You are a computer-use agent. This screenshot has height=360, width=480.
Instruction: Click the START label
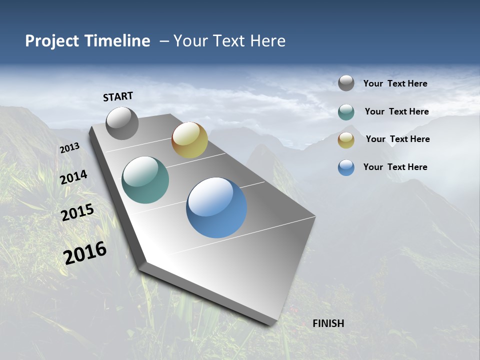(x=118, y=96)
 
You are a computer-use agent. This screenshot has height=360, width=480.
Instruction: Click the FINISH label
(x=328, y=323)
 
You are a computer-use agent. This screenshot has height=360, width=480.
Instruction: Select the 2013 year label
(x=69, y=148)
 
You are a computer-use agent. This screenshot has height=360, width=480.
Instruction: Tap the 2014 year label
(x=73, y=177)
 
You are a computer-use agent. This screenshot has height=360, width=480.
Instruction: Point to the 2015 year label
(x=77, y=212)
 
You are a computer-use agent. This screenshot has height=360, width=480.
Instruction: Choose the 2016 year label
(x=85, y=253)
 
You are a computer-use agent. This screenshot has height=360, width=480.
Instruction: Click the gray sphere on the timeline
(x=122, y=123)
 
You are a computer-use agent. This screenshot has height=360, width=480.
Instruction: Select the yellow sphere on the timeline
(x=189, y=140)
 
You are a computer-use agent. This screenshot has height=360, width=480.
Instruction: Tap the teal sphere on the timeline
(x=145, y=180)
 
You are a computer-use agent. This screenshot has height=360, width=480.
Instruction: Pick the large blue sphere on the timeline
(x=216, y=207)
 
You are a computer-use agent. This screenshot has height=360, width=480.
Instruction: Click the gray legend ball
(x=346, y=83)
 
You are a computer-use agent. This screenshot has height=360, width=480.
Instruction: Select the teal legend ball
(x=346, y=112)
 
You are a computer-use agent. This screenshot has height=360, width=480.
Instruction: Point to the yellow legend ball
(x=346, y=140)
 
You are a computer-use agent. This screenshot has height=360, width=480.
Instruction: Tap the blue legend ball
(x=346, y=167)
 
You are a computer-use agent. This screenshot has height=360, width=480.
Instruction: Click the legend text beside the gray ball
(x=395, y=83)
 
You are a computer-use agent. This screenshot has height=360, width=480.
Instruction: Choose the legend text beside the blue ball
(x=395, y=167)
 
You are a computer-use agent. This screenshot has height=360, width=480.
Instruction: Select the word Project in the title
(x=52, y=41)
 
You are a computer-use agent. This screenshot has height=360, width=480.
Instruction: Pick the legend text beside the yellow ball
(x=397, y=139)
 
